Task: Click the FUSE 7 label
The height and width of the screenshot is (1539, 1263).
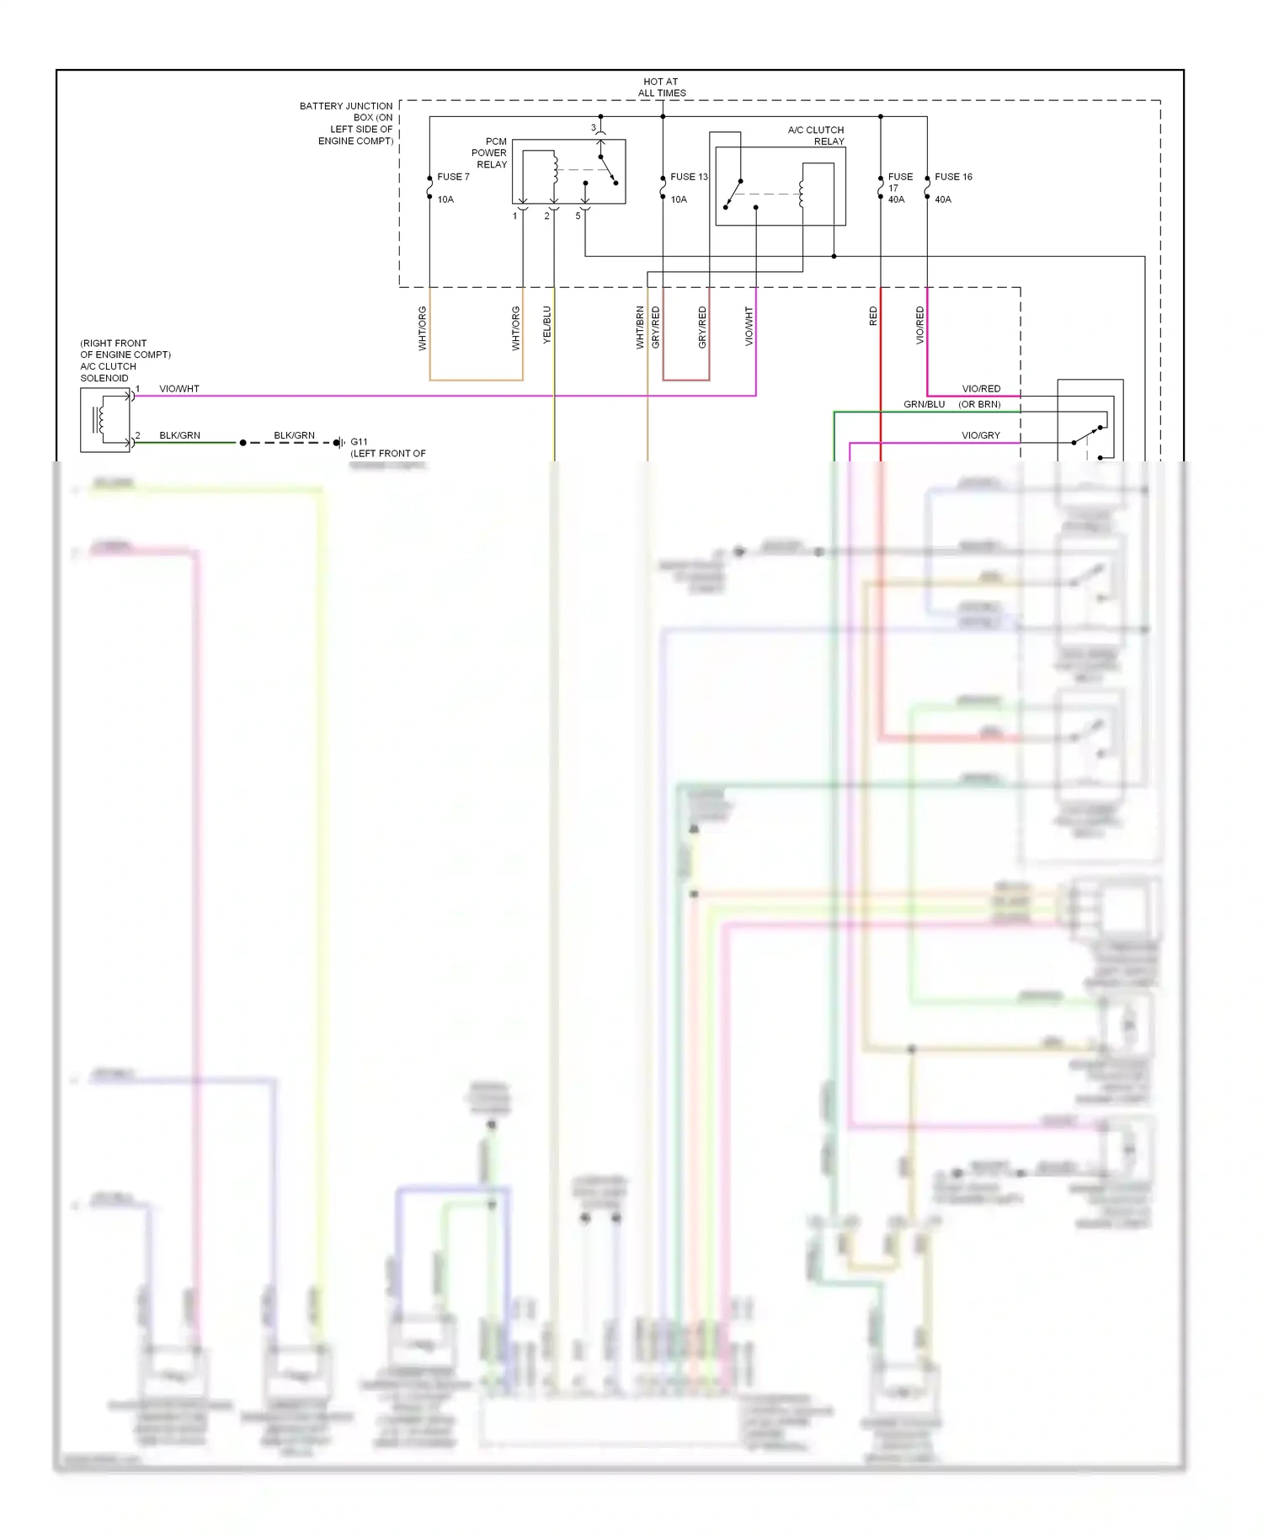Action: (453, 177)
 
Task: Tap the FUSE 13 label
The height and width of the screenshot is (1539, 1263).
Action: (689, 177)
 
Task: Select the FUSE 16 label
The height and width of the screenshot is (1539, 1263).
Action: (953, 177)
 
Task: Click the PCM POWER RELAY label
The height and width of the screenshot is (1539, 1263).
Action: (490, 153)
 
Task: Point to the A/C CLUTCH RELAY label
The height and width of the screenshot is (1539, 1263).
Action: (815, 136)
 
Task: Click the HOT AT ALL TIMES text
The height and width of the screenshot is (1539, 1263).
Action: (662, 88)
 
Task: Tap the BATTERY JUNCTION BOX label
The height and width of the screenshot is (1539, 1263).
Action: (347, 123)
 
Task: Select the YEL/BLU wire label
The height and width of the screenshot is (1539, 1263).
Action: (547, 325)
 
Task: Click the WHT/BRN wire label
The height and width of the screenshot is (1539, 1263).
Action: (640, 328)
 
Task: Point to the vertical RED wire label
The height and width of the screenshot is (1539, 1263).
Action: (873, 317)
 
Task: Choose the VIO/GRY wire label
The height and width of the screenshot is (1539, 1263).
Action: (981, 435)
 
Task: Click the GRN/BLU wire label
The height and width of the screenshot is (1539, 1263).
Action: (924, 404)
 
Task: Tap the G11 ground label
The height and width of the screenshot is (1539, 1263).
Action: (359, 442)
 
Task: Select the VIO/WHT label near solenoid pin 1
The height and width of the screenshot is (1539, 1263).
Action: (179, 389)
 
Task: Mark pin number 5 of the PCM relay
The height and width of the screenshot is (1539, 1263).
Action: (578, 216)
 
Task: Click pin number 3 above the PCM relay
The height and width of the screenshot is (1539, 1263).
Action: (593, 128)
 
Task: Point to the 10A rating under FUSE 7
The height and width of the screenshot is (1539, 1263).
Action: (445, 200)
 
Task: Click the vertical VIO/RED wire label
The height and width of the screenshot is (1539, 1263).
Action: (920, 325)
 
